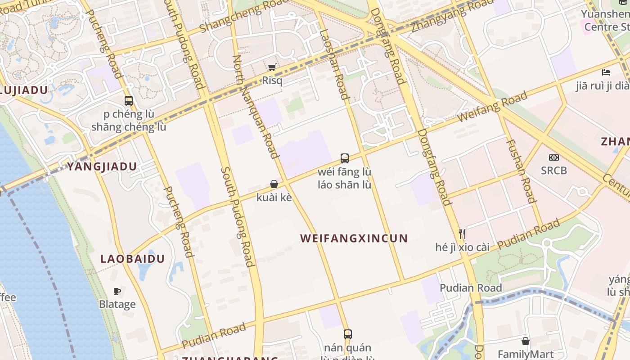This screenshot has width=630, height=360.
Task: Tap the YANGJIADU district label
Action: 102,166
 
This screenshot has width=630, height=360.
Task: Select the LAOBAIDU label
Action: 132,259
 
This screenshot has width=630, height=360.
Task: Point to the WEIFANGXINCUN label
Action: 354,238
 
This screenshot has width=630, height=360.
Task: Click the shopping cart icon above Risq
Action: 272,67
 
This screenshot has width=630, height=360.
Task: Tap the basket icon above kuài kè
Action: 274,184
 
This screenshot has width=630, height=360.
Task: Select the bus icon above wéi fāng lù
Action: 344,158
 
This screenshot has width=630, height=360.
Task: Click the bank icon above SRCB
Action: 553,157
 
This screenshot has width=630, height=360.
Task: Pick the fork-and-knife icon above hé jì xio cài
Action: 462,234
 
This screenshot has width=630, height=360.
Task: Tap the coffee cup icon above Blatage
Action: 117,291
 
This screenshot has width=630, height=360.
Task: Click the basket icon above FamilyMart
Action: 525,341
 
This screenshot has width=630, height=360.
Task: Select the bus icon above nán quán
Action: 347,334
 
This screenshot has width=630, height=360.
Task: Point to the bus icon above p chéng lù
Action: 129,100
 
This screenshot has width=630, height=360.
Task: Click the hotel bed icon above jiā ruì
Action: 606,72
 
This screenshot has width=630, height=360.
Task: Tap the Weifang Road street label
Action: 492,107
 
